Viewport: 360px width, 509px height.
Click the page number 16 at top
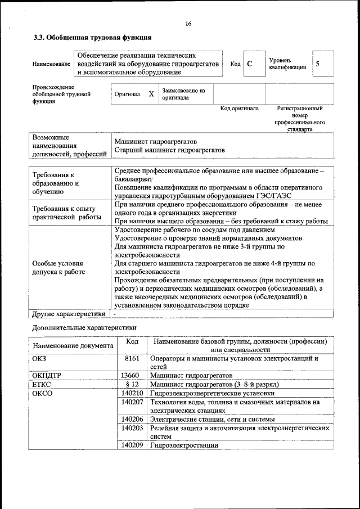[x=188, y=23]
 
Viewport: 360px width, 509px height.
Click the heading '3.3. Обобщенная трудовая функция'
[x=92, y=38]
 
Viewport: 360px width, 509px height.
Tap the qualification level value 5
[x=318, y=64]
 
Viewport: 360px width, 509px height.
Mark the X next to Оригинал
[x=151, y=94]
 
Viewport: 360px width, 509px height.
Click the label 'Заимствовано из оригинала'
[x=183, y=94]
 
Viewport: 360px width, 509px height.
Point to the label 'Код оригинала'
[x=239, y=109]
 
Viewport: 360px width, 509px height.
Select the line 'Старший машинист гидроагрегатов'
[x=169, y=150]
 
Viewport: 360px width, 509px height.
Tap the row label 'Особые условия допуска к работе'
[x=58, y=267]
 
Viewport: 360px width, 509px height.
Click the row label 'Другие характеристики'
[x=69, y=314]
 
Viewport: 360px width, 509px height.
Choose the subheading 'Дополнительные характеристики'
[x=84, y=327]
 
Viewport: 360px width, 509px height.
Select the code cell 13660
[x=130, y=375]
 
